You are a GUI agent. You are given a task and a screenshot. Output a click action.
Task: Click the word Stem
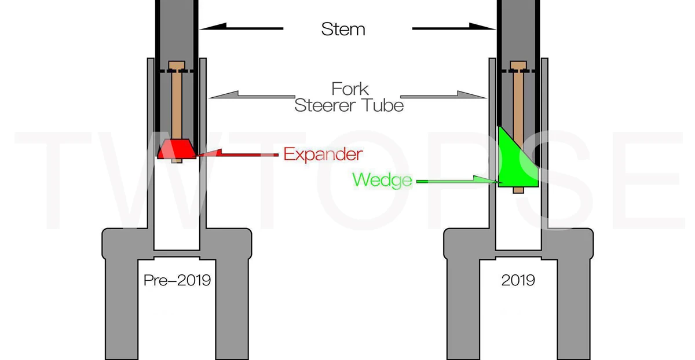343,29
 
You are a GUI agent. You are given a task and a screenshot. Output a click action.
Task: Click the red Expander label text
323,154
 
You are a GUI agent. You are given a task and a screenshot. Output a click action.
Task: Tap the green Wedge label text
382,180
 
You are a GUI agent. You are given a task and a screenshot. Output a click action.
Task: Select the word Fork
350,89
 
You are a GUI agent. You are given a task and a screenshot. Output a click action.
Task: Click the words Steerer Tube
349,105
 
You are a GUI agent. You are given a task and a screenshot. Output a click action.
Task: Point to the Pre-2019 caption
177,280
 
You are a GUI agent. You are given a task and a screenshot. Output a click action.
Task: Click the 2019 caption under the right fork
518,280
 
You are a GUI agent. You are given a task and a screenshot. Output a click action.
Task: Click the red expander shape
177,149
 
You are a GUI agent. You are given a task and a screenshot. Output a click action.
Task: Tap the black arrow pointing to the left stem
241,27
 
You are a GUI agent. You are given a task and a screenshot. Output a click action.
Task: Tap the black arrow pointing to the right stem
454,27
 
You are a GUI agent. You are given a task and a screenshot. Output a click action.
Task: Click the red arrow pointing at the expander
238,153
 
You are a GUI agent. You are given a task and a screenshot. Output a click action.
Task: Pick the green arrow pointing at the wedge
458,181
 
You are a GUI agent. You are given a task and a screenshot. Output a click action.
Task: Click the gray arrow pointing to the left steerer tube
252,95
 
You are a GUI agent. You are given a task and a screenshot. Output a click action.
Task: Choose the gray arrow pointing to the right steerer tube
444,95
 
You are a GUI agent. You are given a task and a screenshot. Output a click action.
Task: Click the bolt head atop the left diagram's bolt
177,65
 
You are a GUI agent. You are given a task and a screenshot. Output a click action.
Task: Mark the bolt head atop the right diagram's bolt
518,65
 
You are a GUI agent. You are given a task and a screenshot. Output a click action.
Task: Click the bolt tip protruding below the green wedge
518,190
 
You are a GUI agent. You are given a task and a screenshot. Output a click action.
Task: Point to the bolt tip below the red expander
177,161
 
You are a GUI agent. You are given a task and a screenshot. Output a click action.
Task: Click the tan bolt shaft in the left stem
177,104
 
